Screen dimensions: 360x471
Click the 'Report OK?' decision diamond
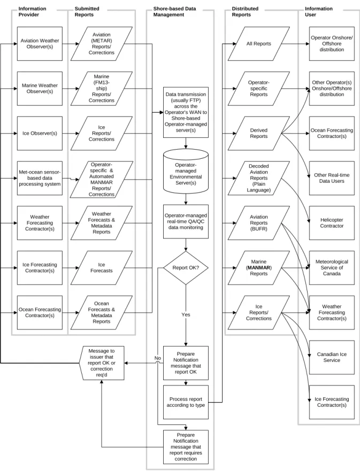[186, 268]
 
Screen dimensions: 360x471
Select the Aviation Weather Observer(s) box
[40, 43]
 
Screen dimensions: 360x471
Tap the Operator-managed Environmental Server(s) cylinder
[186, 171]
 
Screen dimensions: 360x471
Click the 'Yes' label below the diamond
[186, 314]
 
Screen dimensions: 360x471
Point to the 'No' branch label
[158, 358]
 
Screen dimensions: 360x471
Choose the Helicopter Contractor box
[332, 223]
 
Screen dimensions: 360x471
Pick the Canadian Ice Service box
[332, 357]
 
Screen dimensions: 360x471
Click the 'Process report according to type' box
[186, 402]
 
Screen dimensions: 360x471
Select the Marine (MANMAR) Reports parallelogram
[259, 268]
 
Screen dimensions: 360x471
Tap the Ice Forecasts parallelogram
[102, 268]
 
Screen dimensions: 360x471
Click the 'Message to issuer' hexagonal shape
[102, 363]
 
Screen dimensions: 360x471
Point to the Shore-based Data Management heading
[174, 11]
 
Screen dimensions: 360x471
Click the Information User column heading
[319, 11]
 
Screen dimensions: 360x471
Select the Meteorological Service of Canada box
[332, 268]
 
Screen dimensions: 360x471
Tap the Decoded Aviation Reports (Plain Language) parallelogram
[259, 178]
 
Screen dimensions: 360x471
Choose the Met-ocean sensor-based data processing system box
[40, 178]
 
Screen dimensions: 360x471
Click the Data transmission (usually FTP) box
[186, 112]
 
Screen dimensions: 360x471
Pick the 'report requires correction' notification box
[186, 447]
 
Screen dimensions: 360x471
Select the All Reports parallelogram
[259, 43]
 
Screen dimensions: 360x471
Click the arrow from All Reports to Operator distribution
[295, 43]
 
